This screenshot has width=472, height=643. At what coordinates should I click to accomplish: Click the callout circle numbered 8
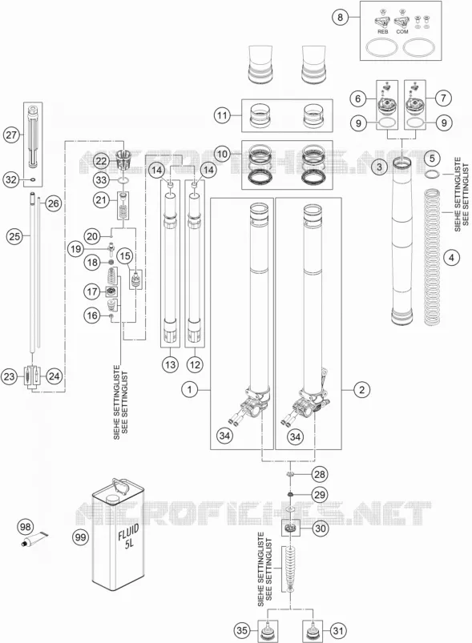[341, 18]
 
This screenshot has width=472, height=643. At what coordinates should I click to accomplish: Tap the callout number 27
[12, 135]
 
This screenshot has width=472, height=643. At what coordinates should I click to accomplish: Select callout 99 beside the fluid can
[80, 537]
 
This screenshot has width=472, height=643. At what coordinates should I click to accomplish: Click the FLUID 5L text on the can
[129, 537]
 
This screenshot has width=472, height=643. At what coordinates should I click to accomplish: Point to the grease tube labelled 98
[34, 539]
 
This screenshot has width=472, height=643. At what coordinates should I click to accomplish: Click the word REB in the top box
[382, 31]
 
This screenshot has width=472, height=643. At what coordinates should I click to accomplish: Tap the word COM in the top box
[402, 31]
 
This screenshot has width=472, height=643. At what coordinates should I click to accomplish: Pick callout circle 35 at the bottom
[243, 630]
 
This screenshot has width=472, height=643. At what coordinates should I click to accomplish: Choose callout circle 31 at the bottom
[338, 630]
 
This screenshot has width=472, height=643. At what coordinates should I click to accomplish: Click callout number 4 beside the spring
[452, 258]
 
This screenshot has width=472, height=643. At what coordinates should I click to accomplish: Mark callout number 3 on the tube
[379, 167]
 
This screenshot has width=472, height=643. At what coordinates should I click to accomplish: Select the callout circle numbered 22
[101, 161]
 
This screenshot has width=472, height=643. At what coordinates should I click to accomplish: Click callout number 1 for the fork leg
[190, 389]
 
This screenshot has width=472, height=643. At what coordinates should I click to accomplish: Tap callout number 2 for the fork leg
[361, 389]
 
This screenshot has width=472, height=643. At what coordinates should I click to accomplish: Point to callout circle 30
[320, 528]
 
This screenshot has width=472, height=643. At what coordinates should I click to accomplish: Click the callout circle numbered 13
[171, 364]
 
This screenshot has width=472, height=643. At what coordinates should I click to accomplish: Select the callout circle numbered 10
[222, 155]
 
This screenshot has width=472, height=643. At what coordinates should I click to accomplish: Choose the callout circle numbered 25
[14, 236]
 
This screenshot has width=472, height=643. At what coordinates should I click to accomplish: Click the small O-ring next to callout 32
[32, 179]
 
